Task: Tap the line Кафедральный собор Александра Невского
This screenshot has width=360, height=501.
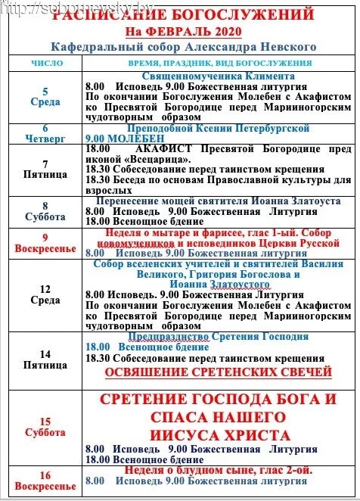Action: pyautogui.click(x=190, y=46)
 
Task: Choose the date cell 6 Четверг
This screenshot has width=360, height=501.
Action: pyautogui.click(x=45, y=133)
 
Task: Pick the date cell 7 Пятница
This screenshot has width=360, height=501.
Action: pyautogui.click(x=45, y=168)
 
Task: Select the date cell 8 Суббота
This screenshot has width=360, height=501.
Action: pyautogui.click(x=45, y=210)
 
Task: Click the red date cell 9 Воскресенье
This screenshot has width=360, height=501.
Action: pyautogui.click(x=45, y=242)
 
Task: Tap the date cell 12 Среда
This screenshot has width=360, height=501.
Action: pyautogui.click(x=45, y=292)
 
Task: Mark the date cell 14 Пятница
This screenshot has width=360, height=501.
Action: pyautogui.click(x=45, y=359)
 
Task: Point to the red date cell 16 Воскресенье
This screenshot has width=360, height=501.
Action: pyautogui.click(x=45, y=481)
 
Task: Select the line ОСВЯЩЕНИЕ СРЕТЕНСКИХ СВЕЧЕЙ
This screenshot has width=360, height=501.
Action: pyautogui.click(x=219, y=372)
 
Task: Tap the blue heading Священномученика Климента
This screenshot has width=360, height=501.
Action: pyautogui.click(x=217, y=76)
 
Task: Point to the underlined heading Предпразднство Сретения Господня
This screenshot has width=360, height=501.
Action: pyautogui.click(x=218, y=336)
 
